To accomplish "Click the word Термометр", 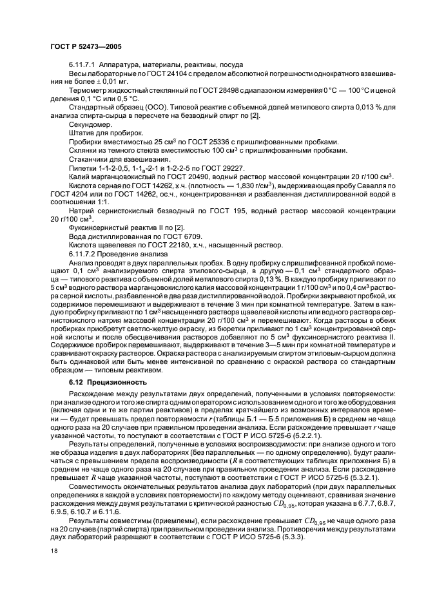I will coord(84,91).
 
